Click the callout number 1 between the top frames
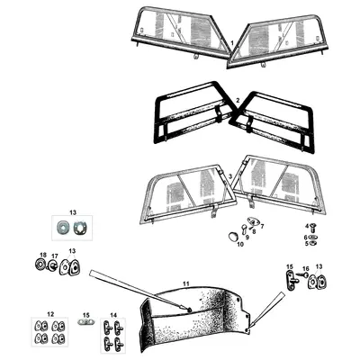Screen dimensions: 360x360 pyautogui.click(x=232, y=43)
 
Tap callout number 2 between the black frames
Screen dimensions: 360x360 pyautogui.click(x=238, y=101)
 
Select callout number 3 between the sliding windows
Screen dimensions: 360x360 pyautogui.click(x=230, y=176)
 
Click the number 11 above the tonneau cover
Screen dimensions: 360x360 pyautogui.click(x=186, y=283)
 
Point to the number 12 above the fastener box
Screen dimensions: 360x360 pyautogui.click(x=50, y=314)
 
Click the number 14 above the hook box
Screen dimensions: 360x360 pyautogui.click(x=113, y=315)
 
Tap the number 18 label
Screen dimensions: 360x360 pyautogui.click(x=43, y=255)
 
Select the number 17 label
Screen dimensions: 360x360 pyautogui.click(x=54, y=256)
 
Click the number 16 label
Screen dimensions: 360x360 pyautogui.click(x=306, y=268)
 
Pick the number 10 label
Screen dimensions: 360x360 pyautogui.click(x=240, y=244)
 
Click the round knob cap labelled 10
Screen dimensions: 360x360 pyautogui.click(x=232, y=237)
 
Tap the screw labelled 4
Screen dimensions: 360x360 pyautogui.click(x=314, y=229)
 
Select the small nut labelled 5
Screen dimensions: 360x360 pyautogui.click(x=313, y=243)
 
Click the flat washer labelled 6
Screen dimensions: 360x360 pyautogui.click(x=314, y=238)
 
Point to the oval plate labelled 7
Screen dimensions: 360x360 pyautogui.click(x=253, y=221)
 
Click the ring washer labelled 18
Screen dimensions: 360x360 pyautogui.click(x=40, y=265)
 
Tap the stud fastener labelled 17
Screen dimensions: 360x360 pyautogui.click(x=53, y=265)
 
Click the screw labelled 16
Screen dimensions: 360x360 pyautogui.click(x=301, y=274)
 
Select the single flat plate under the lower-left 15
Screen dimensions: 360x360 pyautogui.click(x=86, y=322)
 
